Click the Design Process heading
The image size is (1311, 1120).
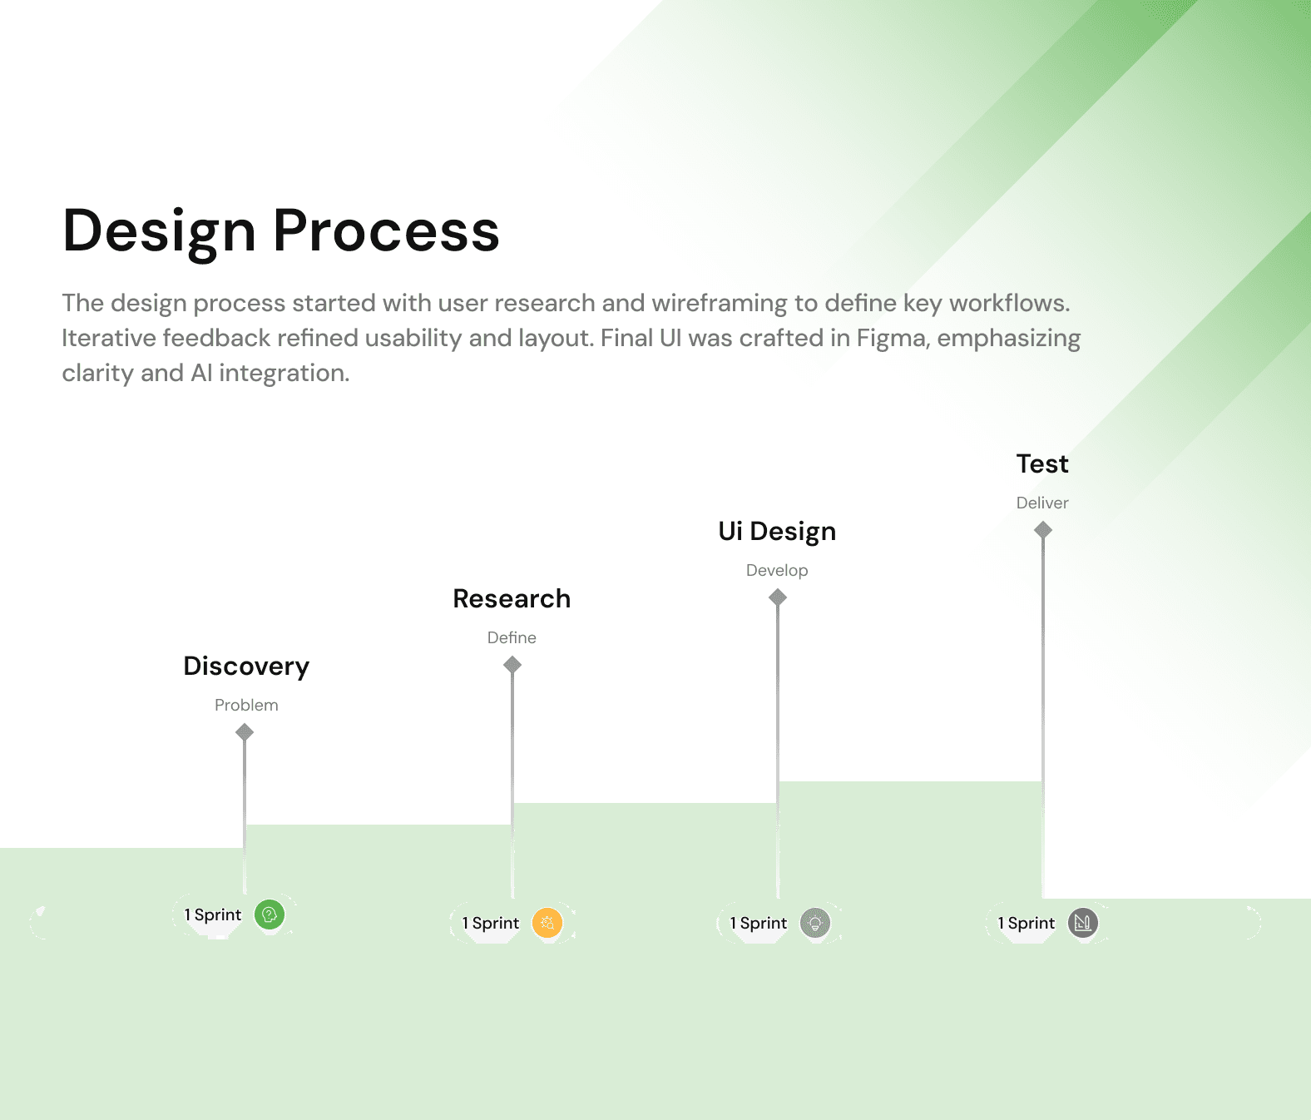pyautogui.click(x=281, y=230)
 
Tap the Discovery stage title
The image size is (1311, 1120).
pyautogui.click(x=246, y=667)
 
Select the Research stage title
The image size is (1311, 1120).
pyautogui.click(x=512, y=599)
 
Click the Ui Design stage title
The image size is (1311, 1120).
pyautogui.click(x=777, y=532)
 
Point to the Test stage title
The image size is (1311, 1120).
pyautogui.click(x=1042, y=464)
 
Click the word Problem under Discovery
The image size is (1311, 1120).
pyautogui.click(x=246, y=706)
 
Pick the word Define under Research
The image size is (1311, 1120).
pyautogui.click(x=512, y=638)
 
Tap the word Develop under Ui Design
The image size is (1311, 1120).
pyautogui.click(x=777, y=571)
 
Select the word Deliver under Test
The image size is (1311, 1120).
pyautogui.click(x=1042, y=503)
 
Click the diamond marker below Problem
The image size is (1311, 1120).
pyautogui.click(x=245, y=732)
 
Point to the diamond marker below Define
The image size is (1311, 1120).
pyautogui.click(x=512, y=665)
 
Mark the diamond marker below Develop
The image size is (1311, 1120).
pyautogui.click(x=778, y=597)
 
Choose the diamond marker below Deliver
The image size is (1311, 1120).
pyautogui.click(x=1043, y=530)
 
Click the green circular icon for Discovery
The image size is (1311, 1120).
pyautogui.click(x=270, y=915)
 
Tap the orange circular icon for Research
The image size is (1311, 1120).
pyautogui.click(x=547, y=924)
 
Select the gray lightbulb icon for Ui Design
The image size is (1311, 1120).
pyautogui.click(x=815, y=924)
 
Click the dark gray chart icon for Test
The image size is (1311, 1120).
pyautogui.click(x=1083, y=924)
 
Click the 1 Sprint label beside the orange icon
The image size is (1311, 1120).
pyautogui.click(x=491, y=924)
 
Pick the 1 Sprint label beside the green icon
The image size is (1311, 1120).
pyautogui.click(x=213, y=915)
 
